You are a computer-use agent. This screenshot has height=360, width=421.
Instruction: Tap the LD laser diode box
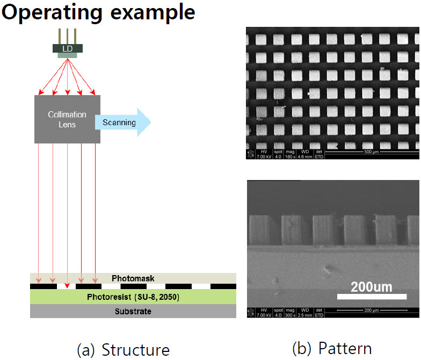point(67,48)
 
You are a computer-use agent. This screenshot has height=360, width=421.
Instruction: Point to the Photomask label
point(133,278)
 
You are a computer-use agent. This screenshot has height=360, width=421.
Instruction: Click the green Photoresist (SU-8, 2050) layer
point(133,297)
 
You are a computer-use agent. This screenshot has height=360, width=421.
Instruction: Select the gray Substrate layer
point(133,312)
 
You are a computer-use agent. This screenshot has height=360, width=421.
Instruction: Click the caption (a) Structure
point(124,349)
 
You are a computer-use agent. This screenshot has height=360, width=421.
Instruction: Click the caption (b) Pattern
point(332,348)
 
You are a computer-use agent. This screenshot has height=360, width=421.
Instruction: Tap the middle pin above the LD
point(67,35)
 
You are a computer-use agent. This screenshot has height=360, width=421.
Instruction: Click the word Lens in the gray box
point(68,124)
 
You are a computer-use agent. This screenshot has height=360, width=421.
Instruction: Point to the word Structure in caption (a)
point(135,349)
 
